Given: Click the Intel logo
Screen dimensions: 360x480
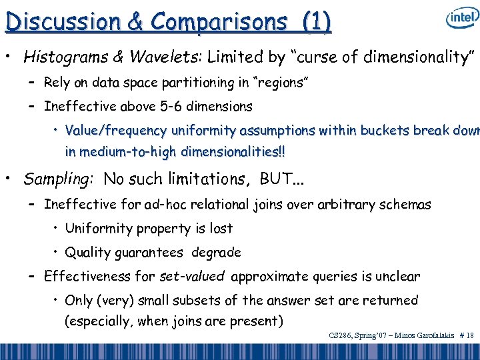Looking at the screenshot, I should [x=461, y=18].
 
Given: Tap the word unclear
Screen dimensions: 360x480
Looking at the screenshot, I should [x=399, y=276].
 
